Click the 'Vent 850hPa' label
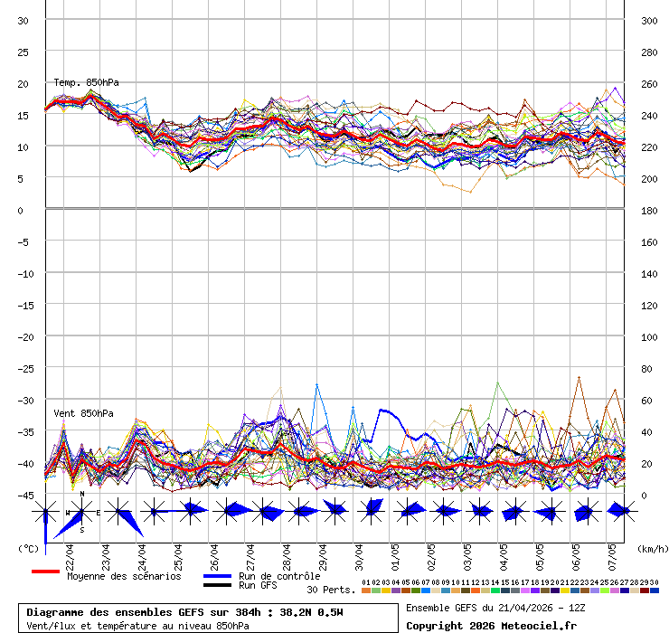[x=84, y=413]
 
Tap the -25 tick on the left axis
[x=24, y=368]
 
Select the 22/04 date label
[x=70, y=553]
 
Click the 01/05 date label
[x=395, y=553]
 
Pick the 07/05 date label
[x=612, y=553]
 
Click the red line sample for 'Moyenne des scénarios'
[x=45, y=572]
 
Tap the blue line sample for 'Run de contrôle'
[x=217, y=576]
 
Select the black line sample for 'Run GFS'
[x=217, y=585]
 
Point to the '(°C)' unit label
[x=28, y=548]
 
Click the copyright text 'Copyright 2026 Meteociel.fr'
[x=491, y=625]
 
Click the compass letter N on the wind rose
[x=82, y=495]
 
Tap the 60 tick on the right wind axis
[x=646, y=400]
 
